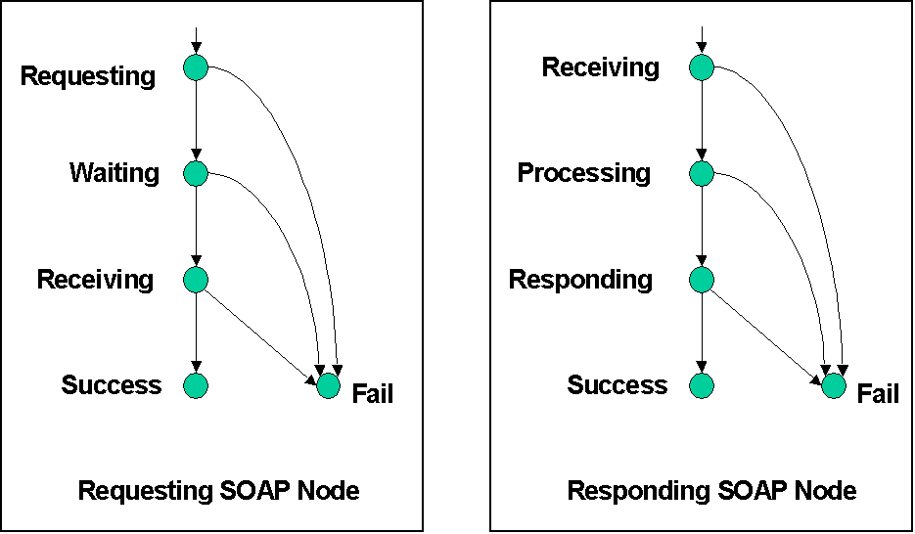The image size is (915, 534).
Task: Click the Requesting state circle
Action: [x=196, y=68]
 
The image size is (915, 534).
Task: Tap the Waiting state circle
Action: [x=196, y=174]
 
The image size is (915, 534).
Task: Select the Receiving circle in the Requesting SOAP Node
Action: [x=196, y=280]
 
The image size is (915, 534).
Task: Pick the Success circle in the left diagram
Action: [x=196, y=385]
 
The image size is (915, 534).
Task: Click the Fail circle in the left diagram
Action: [x=329, y=386]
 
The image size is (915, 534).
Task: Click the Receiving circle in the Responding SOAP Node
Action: [x=702, y=68]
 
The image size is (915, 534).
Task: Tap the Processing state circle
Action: [x=702, y=174]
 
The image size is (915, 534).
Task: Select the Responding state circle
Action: [x=702, y=280]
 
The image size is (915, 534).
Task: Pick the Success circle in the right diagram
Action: [x=702, y=385]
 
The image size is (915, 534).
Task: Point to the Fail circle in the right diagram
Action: [x=834, y=386]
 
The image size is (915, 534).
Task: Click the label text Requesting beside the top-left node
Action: [x=88, y=76]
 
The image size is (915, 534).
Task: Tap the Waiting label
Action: [x=114, y=173]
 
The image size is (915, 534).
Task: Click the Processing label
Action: [x=583, y=173]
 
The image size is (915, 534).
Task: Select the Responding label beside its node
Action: [x=580, y=280]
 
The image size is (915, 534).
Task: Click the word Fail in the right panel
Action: [x=877, y=394]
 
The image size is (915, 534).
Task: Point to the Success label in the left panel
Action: [x=112, y=384]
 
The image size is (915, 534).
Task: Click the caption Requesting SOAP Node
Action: [x=218, y=490]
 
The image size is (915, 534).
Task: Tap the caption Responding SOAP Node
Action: [x=711, y=490]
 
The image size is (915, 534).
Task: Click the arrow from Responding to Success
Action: [x=702, y=333]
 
